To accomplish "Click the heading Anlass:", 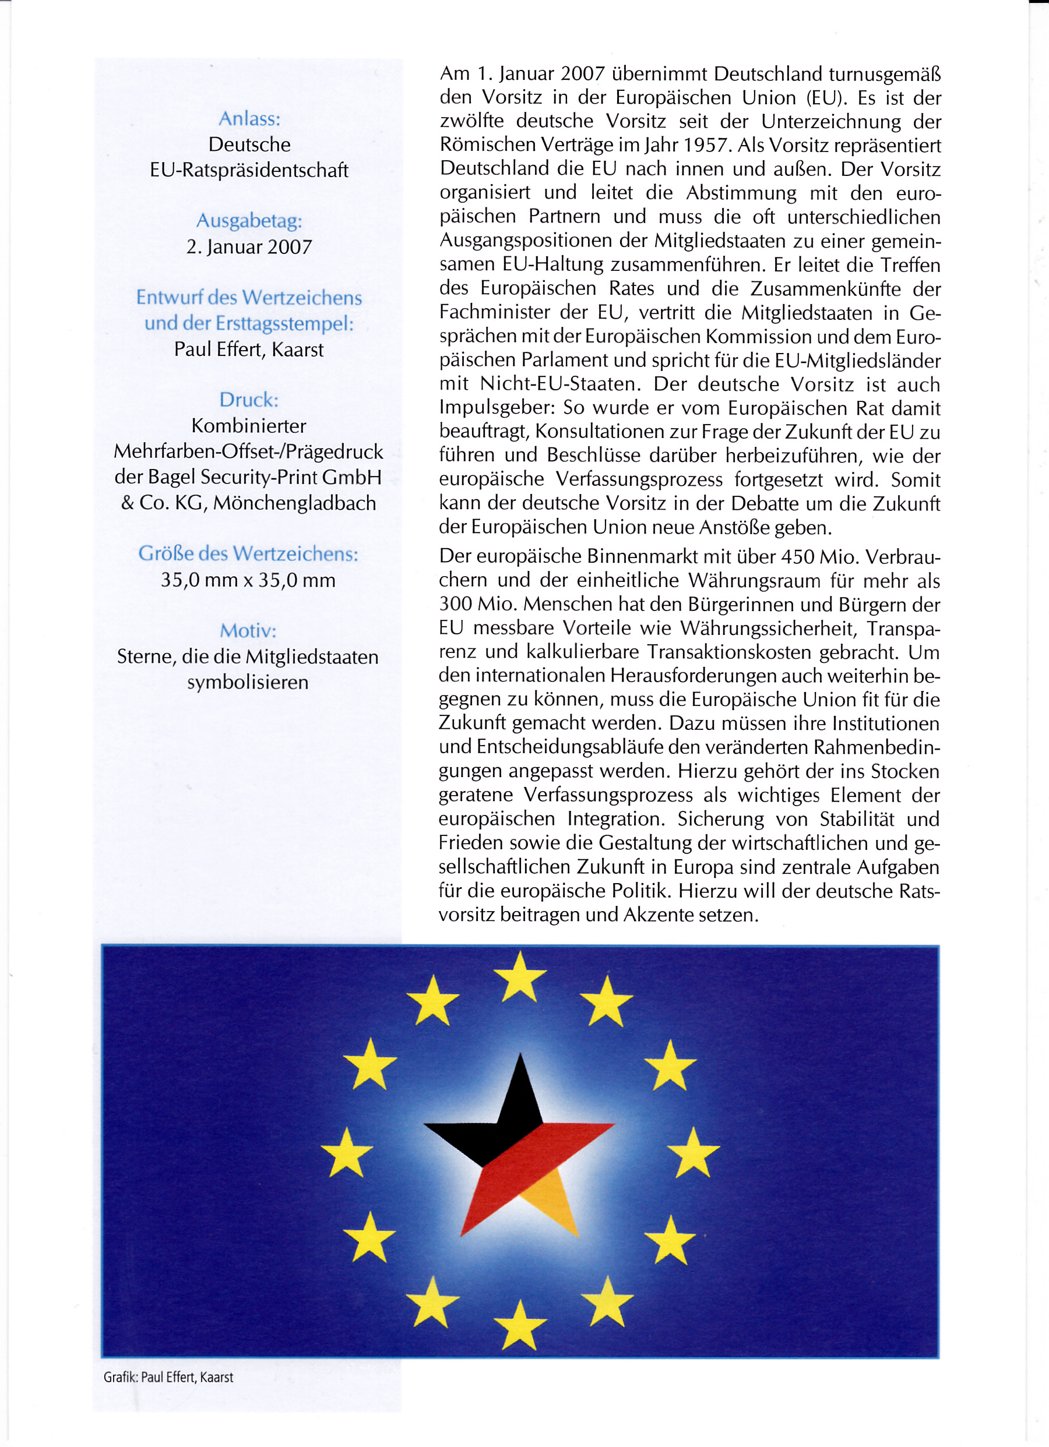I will [x=249, y=119].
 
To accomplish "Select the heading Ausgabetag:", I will [x=249, y=221].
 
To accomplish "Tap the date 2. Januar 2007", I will [x=249, y=247].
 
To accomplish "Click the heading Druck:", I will [x=249, y=400].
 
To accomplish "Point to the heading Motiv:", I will [x=248, y=630].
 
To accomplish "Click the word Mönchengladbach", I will [x=294, y=503].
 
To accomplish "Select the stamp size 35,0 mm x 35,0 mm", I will [x=248, y=580].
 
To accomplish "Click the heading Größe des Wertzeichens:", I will [x=248, y=553].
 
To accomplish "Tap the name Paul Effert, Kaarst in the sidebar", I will [x=249, y=350].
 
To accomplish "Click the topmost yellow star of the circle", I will [x=520, y=977].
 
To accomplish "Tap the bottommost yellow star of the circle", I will [x=520, y=1325].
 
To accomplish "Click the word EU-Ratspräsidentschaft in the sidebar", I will [x=249, y=170].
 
